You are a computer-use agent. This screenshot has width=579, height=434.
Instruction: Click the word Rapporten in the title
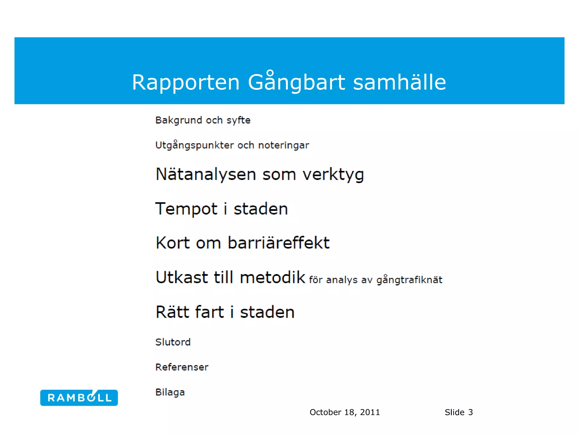(x=186, y=82)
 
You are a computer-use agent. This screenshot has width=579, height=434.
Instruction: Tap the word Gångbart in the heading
(x=296, y=82)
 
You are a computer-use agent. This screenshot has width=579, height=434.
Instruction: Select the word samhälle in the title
(x=399, y=82)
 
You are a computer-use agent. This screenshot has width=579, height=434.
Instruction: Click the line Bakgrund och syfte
(x=203, y=120)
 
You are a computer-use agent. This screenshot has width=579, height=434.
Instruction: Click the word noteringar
(x=284, y=145)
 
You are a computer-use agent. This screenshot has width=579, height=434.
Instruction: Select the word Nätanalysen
(x=206, y=174)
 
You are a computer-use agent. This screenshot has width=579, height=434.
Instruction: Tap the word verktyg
(x=333, y=175)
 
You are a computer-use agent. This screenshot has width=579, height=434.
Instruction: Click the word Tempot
(x=187, y=209)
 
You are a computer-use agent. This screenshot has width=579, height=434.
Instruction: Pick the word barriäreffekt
(x=278, y=243)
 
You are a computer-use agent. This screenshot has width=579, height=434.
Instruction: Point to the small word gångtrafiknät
(x=409, y=280)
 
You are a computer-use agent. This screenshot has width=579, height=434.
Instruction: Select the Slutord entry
(x=173, y=342)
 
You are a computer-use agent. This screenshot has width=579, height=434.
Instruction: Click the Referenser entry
(x=182, y=367)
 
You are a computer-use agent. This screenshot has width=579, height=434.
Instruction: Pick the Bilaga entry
(x=170, y=392)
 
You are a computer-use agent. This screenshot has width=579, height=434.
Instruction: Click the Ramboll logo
(x=79, y=398)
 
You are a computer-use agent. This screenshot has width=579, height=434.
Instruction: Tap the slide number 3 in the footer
(x=470, y=413)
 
